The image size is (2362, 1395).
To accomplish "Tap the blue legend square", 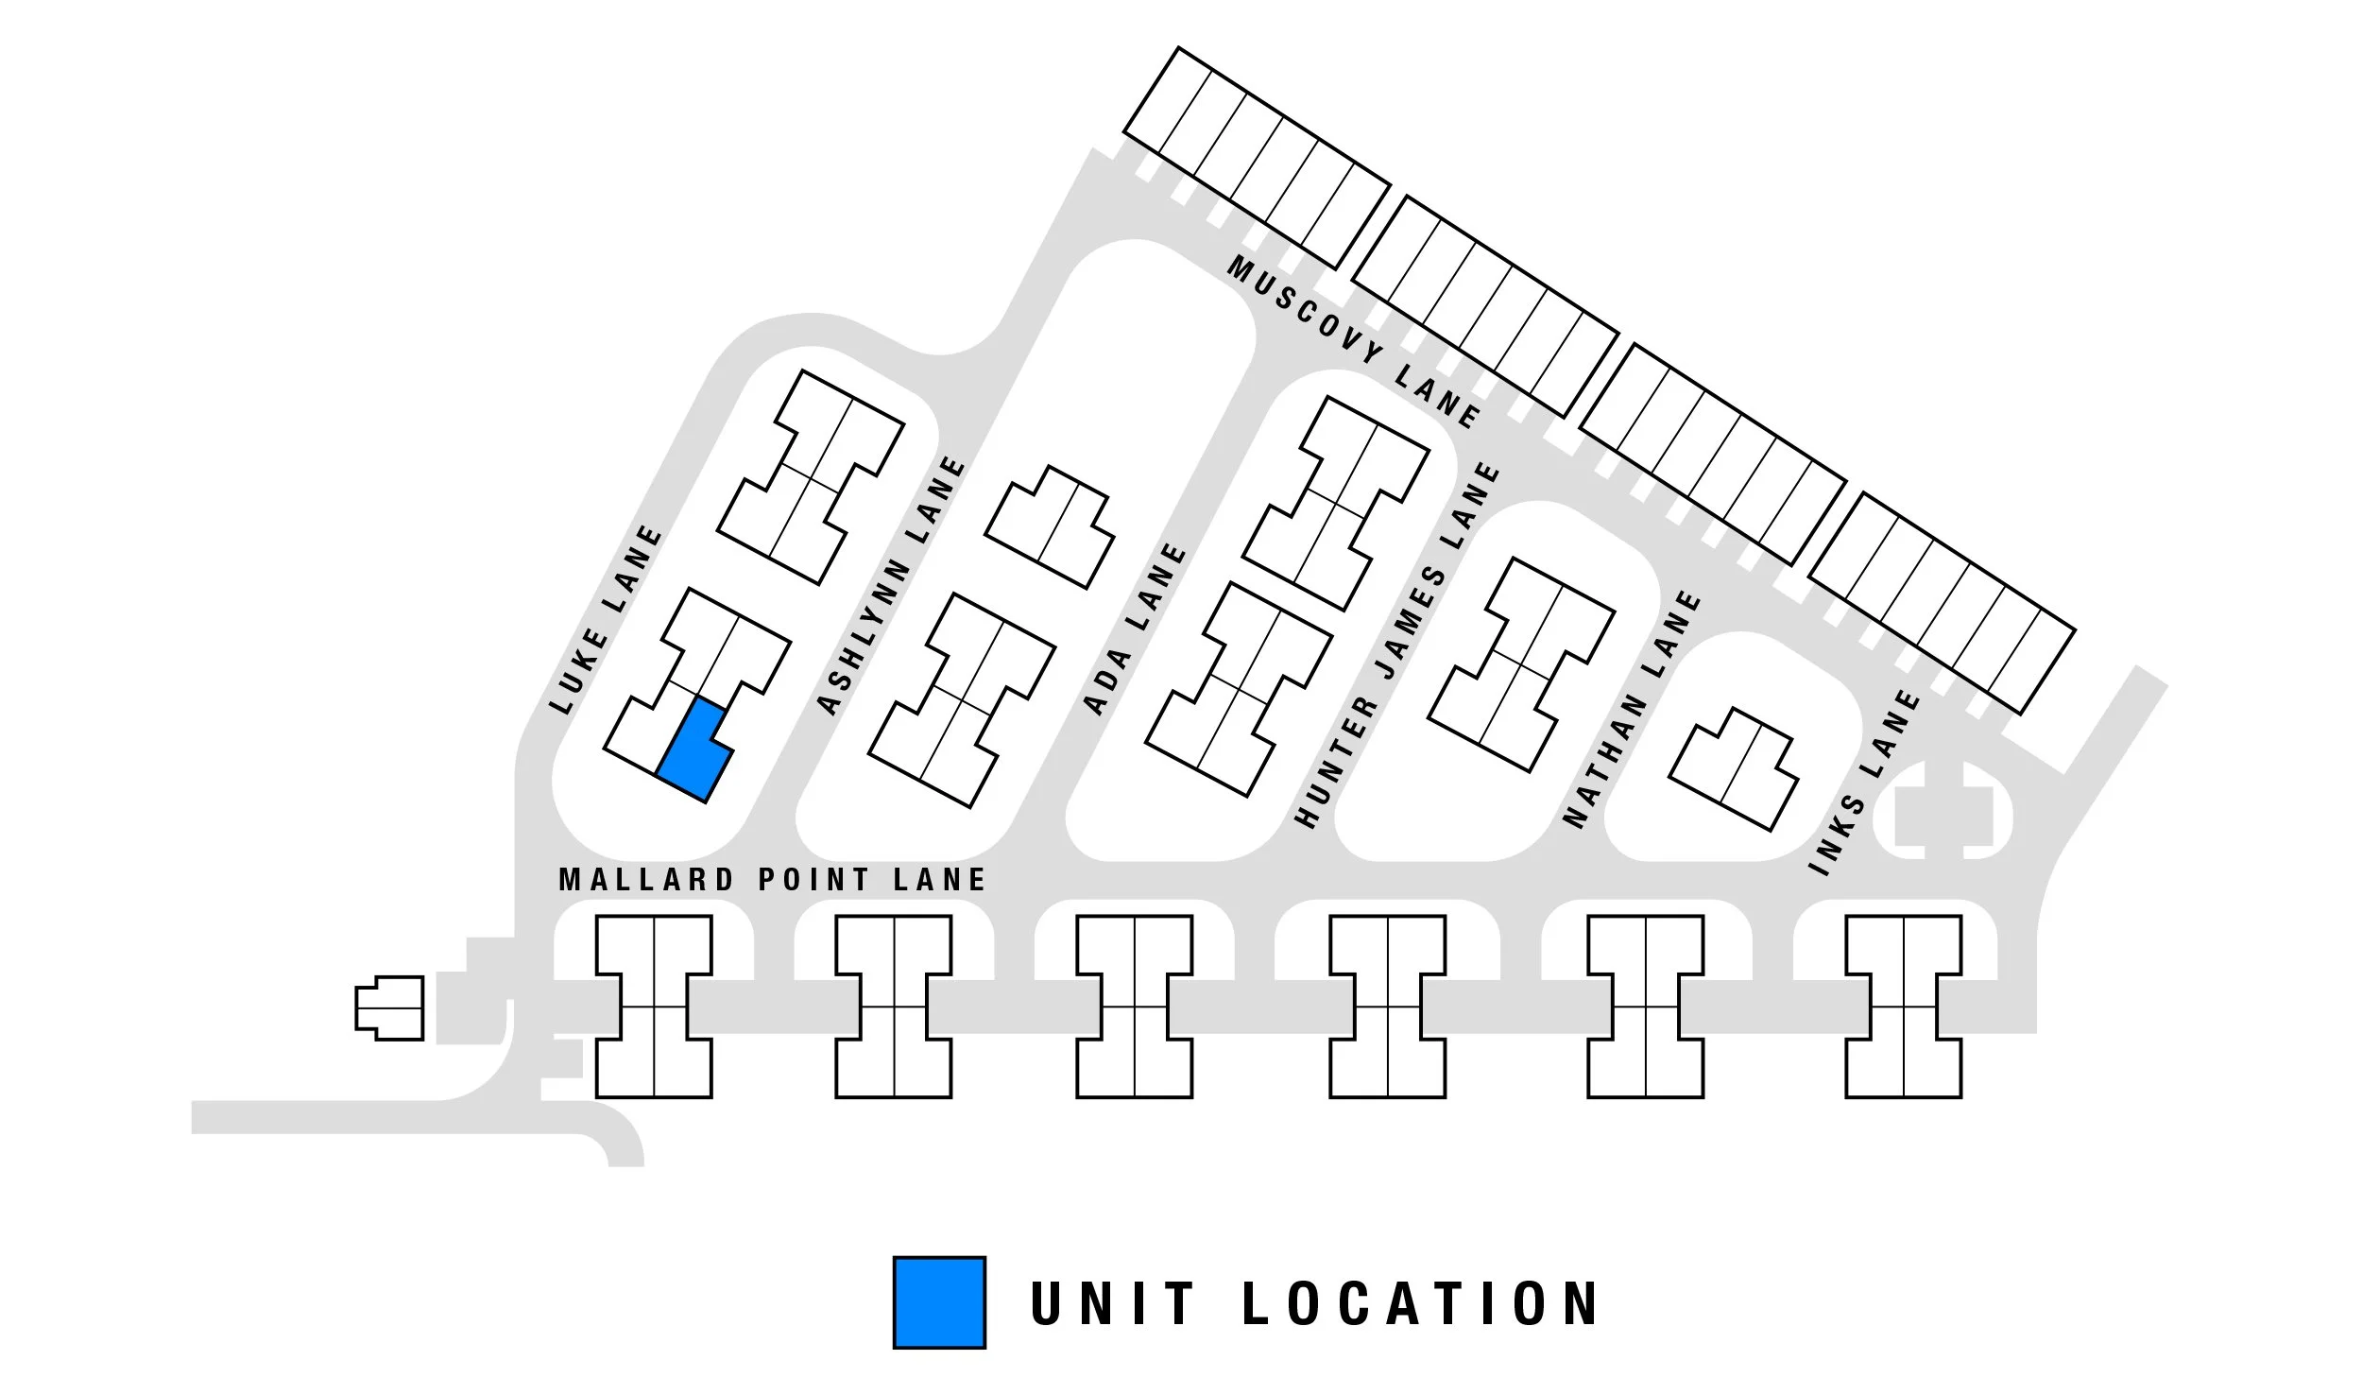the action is click(939, 1301).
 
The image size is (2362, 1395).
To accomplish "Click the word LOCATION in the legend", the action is click(1418, 1303).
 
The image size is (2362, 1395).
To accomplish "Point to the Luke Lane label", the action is click(607, 620).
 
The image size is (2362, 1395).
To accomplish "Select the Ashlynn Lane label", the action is click(890, 586).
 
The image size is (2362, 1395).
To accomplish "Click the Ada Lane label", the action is click(1134, 629).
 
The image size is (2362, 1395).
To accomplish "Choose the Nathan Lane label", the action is click(1632, 709).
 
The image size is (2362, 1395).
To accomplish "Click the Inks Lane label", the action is click(1864, 783).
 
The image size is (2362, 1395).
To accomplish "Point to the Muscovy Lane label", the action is click(1353, 342).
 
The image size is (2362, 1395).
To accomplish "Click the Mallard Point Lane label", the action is click(772, 880).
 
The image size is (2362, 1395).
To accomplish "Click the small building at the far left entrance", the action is click(389, 1008).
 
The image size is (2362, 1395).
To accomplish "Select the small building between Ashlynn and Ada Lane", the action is click(1050, 526).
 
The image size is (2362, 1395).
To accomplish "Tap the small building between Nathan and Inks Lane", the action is click(1734, 768).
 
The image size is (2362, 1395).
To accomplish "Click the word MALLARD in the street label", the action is click(646, 880).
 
